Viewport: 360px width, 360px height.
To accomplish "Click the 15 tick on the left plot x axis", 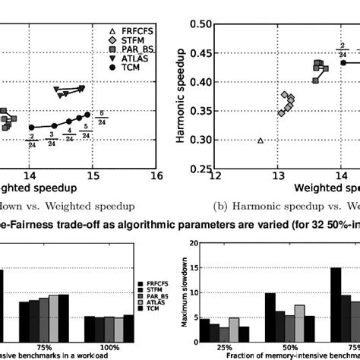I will (x=93, y=175).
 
